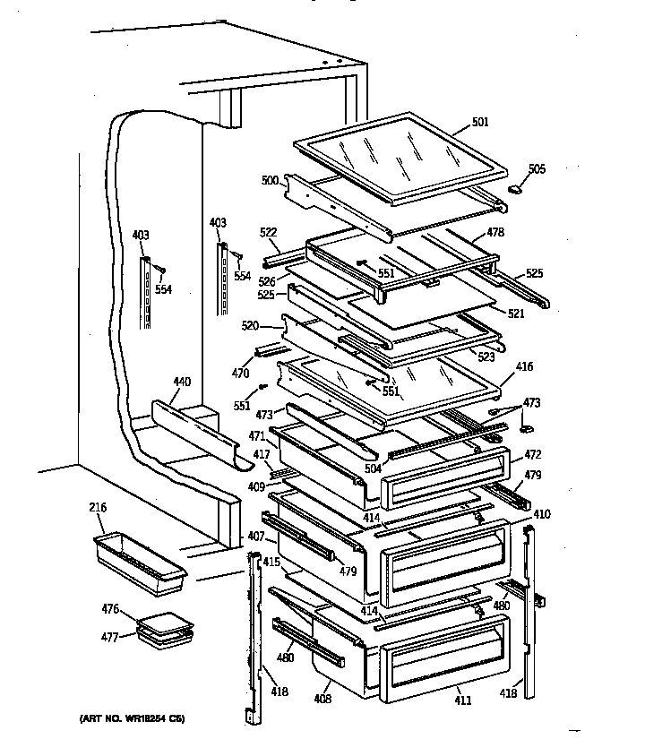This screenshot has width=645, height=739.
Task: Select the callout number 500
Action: [270, 180]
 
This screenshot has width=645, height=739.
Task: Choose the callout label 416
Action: [524, 367]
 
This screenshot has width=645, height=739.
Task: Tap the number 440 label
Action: [182, 382]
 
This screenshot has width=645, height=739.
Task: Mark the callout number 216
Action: [98, 509]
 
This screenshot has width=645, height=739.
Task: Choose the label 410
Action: [542, 514]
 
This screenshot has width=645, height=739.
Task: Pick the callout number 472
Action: [532, 456]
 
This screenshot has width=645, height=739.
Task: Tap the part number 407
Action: [254, 537]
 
